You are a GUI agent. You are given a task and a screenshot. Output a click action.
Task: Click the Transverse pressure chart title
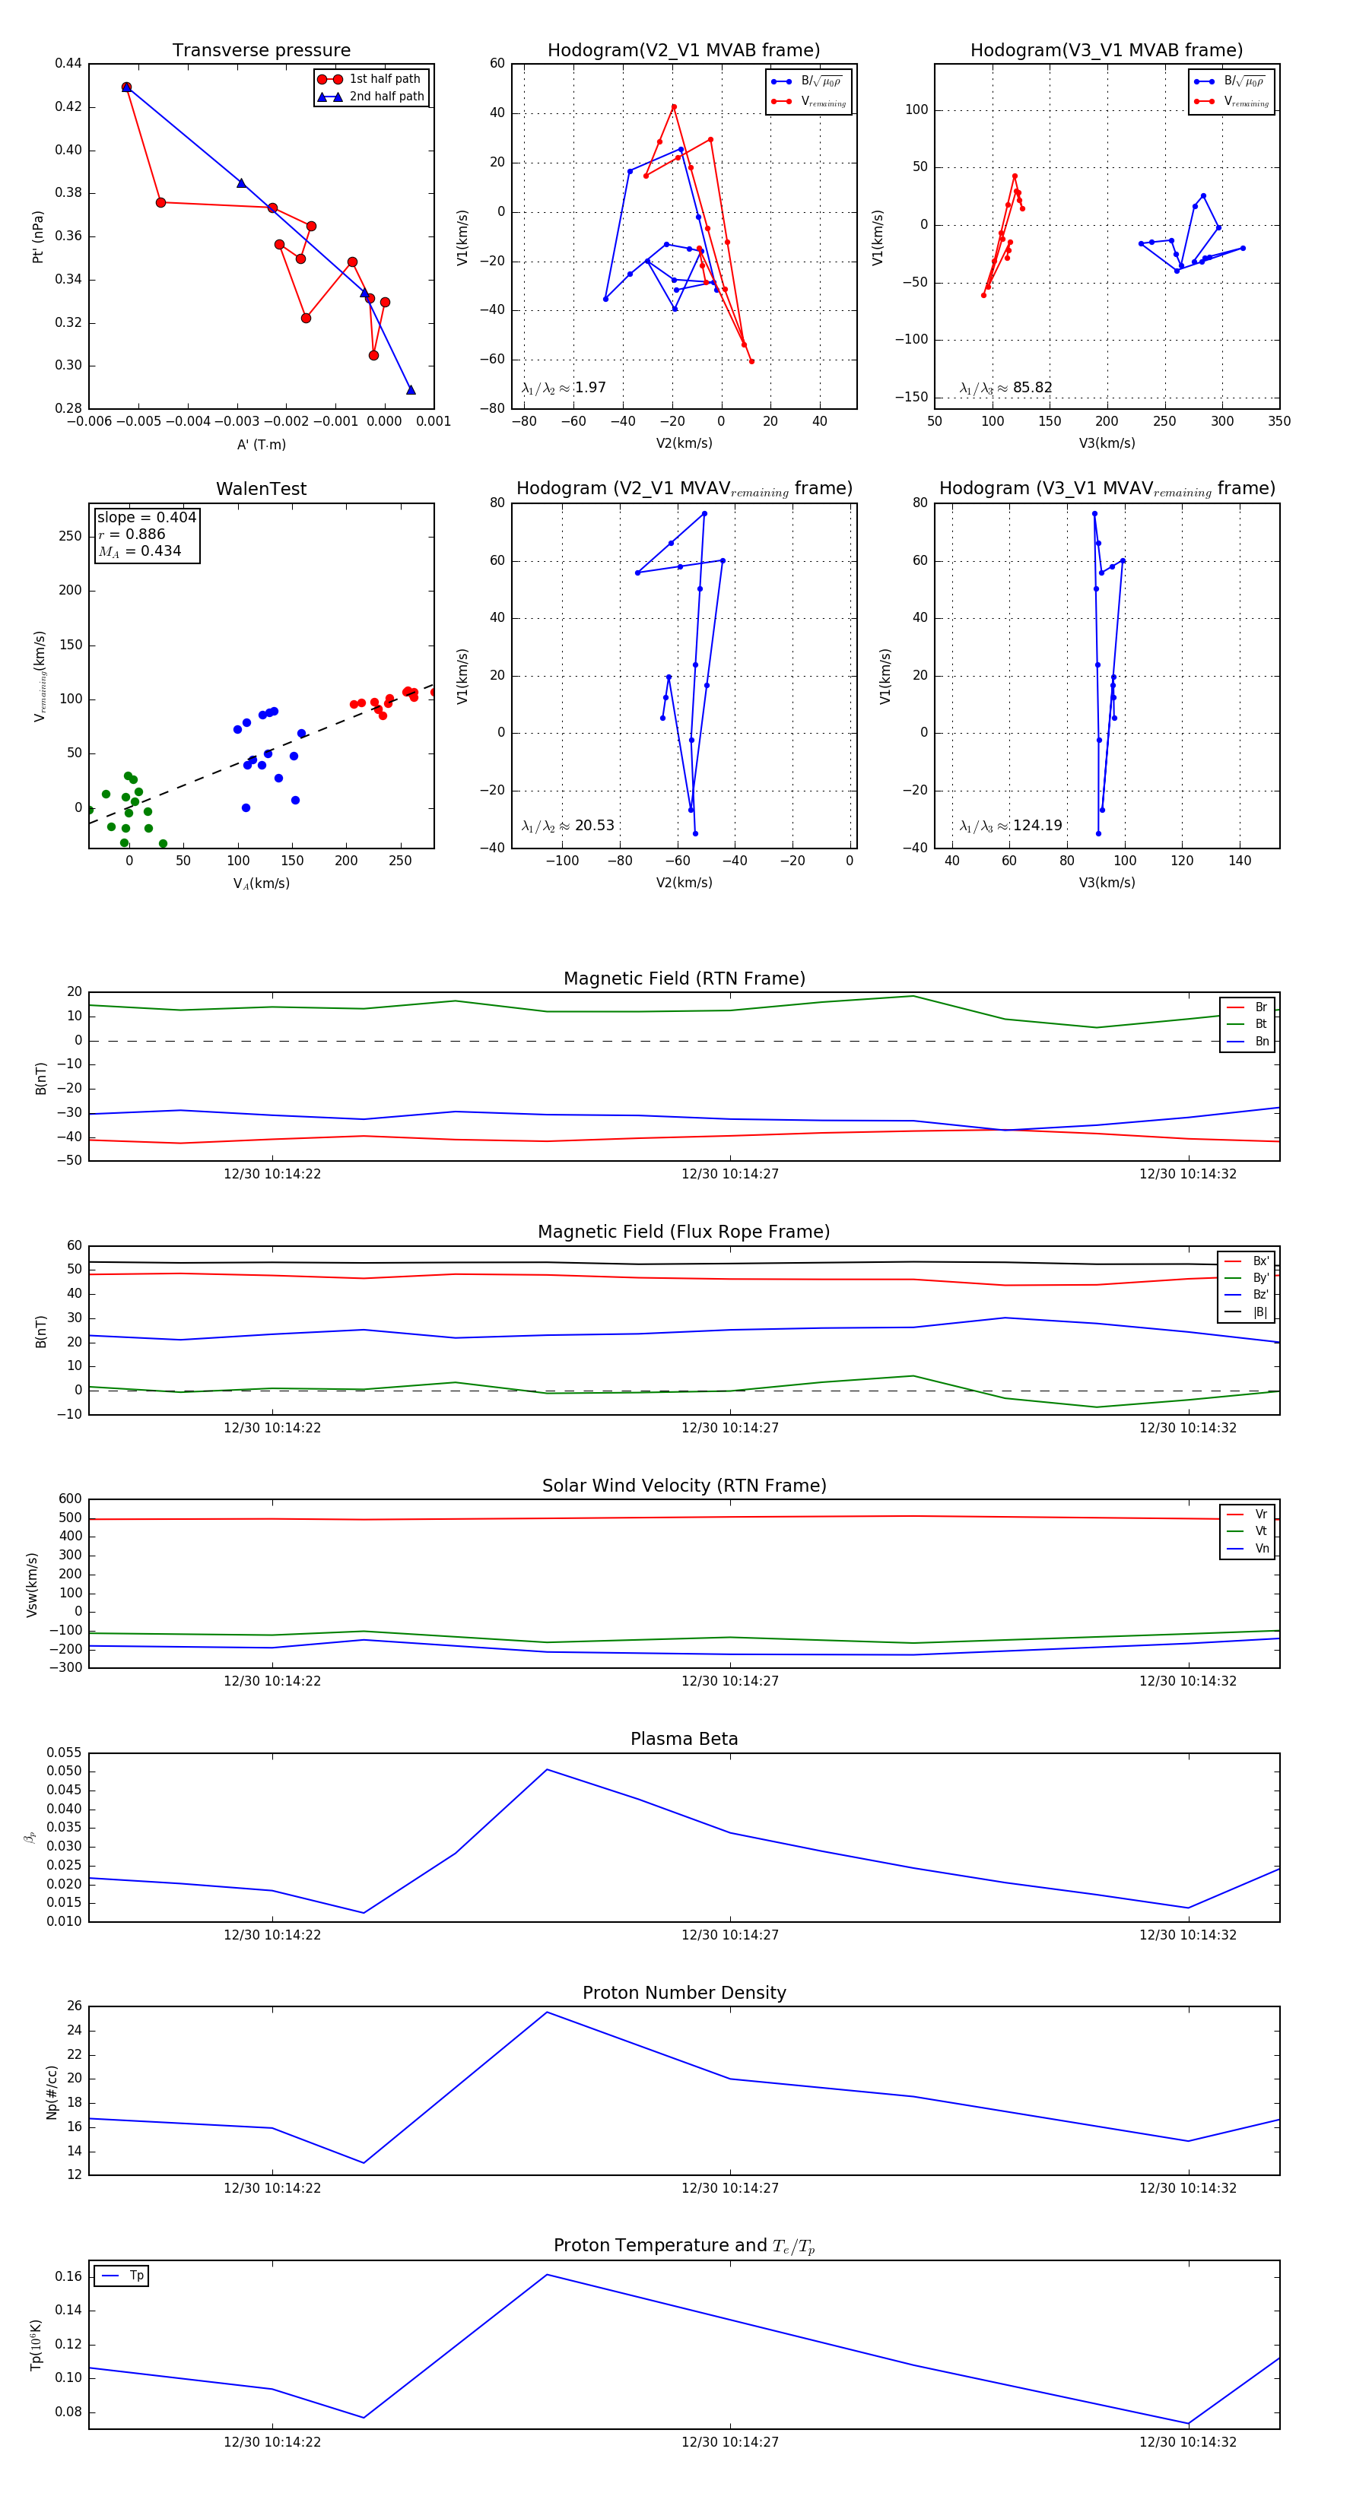click(x=261, y=51)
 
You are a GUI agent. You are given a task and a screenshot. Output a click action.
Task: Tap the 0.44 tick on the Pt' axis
click(x=68, y=63)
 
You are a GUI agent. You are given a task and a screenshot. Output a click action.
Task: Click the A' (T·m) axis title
click(x=261, y=444)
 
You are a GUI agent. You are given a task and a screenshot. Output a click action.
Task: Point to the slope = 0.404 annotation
click(x=146, y=517)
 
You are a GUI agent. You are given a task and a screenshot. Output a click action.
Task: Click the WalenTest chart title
click(x=261, y=489)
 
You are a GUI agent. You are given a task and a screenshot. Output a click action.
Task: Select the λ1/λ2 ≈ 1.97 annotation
click(x=563, y=388)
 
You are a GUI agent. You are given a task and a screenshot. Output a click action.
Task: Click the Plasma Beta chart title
click(x=684, y=1740)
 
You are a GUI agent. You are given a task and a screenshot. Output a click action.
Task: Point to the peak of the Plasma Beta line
click(x=547, y=1770)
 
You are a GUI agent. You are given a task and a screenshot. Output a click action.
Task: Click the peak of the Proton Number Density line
click(x=547, y=2013)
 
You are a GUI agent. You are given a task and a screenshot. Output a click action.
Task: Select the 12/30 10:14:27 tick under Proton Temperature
click(x=730, y=2442)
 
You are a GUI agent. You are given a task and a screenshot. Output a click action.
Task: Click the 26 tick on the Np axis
click(x=74, y=2006)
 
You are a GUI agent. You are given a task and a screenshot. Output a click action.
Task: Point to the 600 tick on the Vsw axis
click(x=70, y=1499)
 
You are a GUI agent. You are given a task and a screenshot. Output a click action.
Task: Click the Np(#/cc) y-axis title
click(x=52, y=2092)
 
